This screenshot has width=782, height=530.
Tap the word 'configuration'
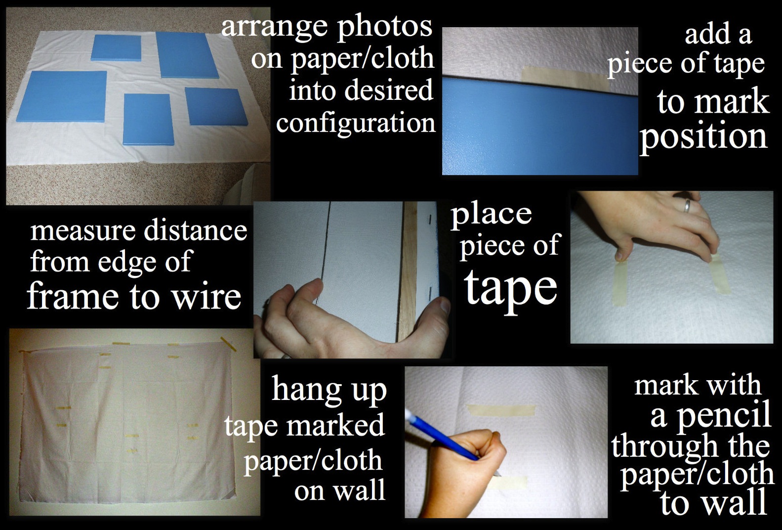point(356,123)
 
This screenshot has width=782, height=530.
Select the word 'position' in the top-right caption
point(703,136)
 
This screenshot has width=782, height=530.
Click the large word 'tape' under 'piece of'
point(510,288)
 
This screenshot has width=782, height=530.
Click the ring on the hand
point(686,205)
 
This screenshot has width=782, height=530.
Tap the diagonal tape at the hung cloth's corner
point(228,343)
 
